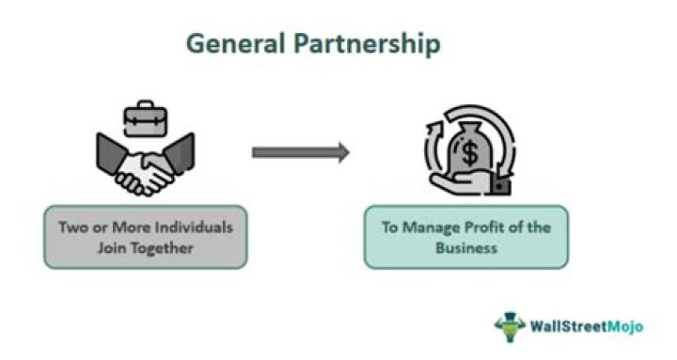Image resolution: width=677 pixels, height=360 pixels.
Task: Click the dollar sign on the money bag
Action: coord(469,151)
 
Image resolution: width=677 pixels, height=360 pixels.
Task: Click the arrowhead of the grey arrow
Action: coord(341,151)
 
